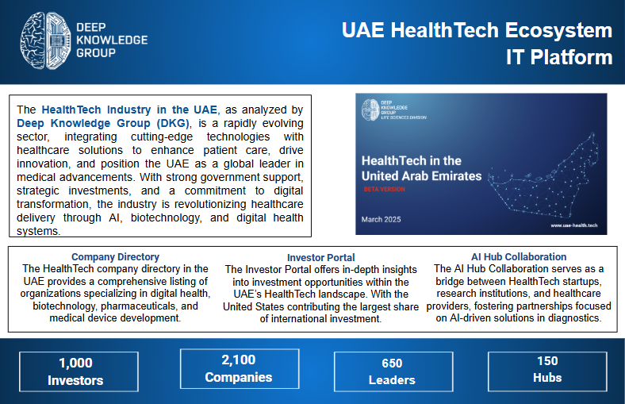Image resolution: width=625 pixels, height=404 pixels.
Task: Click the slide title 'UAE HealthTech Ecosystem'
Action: pos(477,31)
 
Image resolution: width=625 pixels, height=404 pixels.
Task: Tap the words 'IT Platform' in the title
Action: pos(559,58)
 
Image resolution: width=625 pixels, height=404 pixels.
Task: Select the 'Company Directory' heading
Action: pos(115,257)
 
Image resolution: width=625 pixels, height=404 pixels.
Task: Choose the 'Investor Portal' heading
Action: pos(320,258)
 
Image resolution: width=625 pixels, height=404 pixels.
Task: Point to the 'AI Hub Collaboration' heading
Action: pos(519,257)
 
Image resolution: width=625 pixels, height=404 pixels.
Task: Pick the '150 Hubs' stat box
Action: pos(547,369)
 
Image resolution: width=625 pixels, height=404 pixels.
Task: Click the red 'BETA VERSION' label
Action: pos(385,190)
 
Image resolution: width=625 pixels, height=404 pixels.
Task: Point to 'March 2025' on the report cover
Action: pos(382,218)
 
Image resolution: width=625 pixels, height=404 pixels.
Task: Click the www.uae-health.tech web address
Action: pos(573,226)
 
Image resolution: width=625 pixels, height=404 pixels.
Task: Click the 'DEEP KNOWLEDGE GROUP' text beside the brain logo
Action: pos(111,40)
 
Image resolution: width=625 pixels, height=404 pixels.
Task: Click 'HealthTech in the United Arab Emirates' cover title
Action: pos(421,167)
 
